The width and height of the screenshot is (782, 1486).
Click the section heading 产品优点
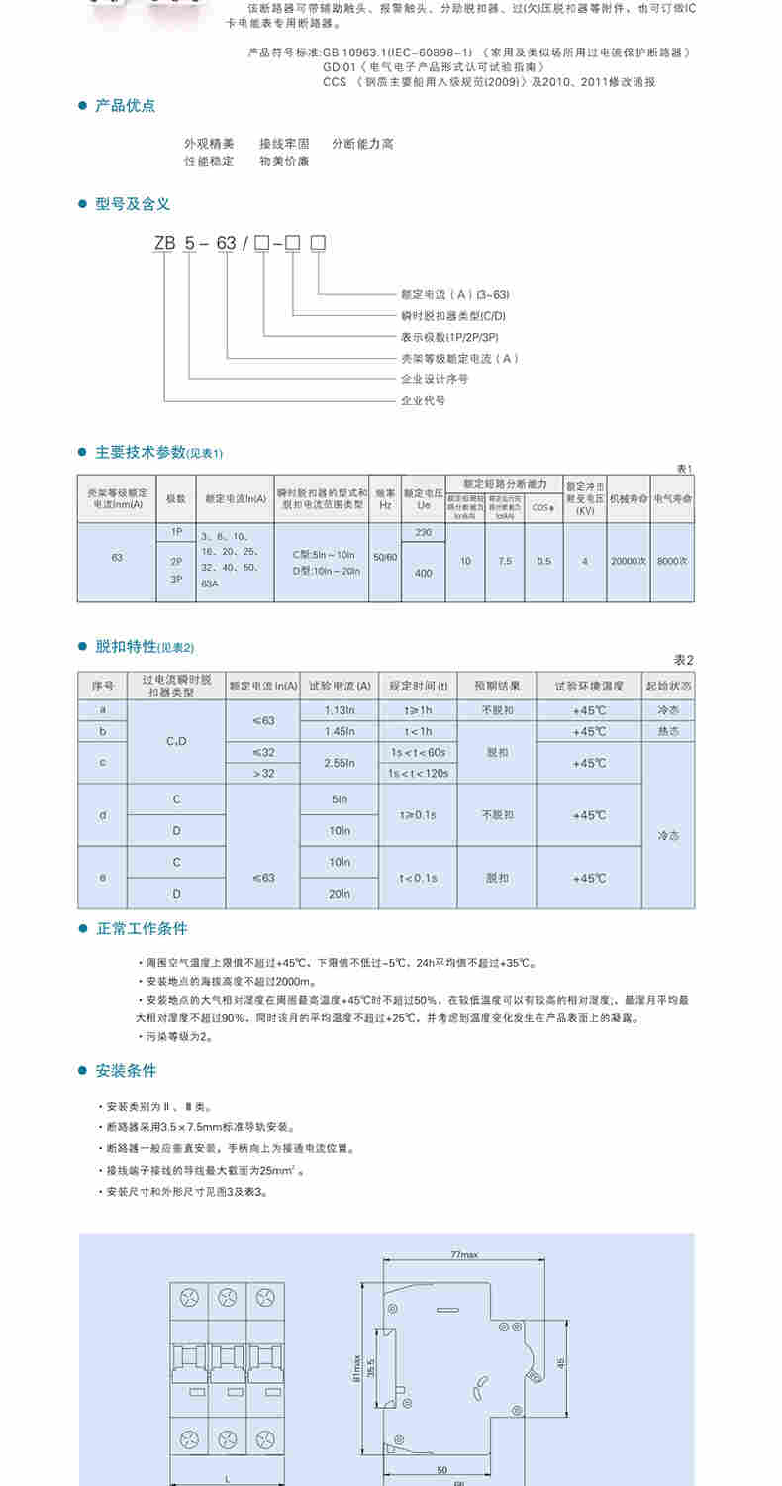pyautogui.click(x=125, y=106)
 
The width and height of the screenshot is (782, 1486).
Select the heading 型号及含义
pyautogui.click(x=133, y=204)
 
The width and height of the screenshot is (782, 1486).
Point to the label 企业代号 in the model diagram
pyautogui.click(x=423, y=401)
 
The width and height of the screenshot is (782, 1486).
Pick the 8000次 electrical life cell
pyautogui.click(x=672, y=561)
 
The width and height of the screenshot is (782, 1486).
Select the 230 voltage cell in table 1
pyautogui.click(x=424, y=533)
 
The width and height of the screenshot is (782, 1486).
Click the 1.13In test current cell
pyautogui.click(x=339, y=710)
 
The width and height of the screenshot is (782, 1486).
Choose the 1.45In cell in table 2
pyautogui.click(x=339, y=731)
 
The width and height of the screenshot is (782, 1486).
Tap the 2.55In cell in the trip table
pyautogui.click(x=339, y=763)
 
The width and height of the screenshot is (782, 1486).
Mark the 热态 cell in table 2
pyautogui.click(x=668, y=731)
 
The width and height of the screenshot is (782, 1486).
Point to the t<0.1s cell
pyautogui.click(x=418, y=878)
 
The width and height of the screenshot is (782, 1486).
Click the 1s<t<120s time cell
pyautogui.click(x=418, y=773)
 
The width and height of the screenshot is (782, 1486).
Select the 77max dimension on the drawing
pyautogui.click(x=464, y=1255)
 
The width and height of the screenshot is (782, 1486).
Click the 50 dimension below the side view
pyautogui.click(x=443, y=1471)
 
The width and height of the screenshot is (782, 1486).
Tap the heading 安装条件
pyautogui.click(x=126, y=1071)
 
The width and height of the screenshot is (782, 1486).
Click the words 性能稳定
pyautogui.click(x=209, y=160)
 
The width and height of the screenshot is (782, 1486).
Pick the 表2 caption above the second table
pyautogui.click(x=684, y=660)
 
